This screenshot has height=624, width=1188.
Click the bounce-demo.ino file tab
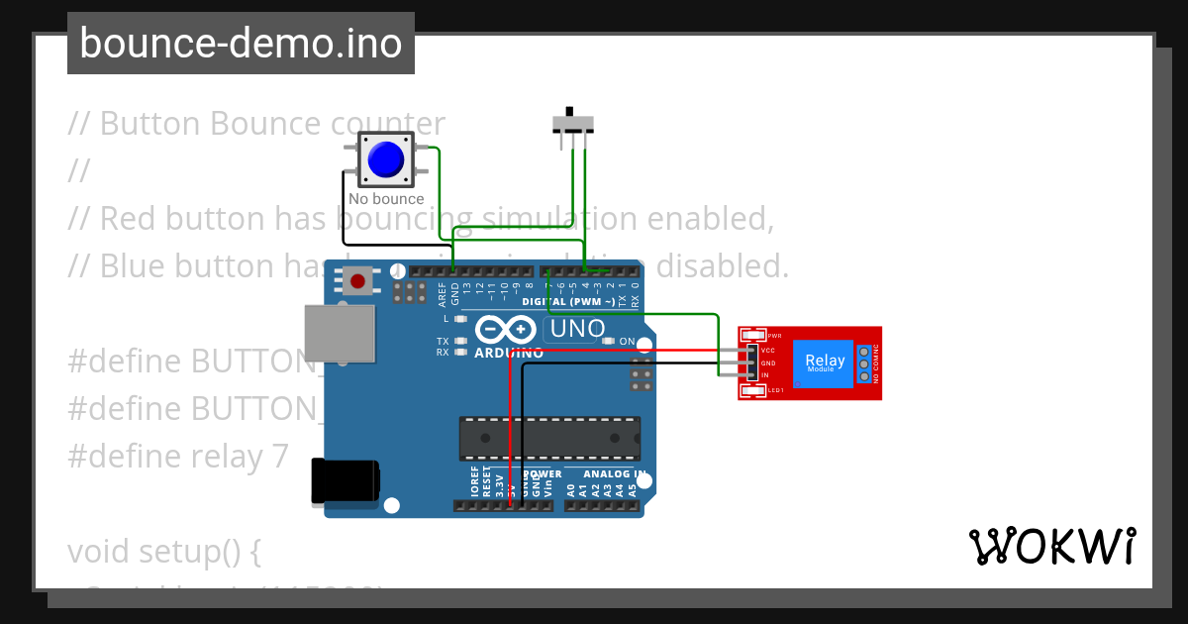coord(241,44)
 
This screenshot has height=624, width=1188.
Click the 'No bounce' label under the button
coord(386,199)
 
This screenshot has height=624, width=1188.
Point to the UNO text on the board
coord(578,329)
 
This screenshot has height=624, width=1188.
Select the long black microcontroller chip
coord(549,438)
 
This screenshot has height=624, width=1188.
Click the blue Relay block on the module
coord(825,363)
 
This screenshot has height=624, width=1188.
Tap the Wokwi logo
coord(1051,546)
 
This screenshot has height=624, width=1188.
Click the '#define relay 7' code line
coord(178,456)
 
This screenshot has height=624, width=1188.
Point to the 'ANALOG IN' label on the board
coord(606,474)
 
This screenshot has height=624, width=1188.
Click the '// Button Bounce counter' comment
coord(256,124)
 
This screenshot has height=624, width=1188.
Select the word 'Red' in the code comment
coord(126,218)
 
